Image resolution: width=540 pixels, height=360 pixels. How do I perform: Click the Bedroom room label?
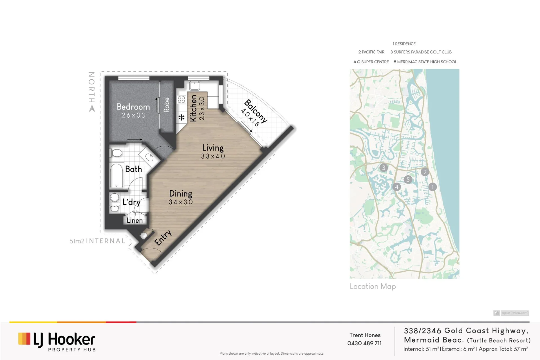click(133, 107)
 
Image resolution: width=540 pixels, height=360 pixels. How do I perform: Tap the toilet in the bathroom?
click(116, 153)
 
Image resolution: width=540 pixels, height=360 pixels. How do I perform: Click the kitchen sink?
click(194, 86)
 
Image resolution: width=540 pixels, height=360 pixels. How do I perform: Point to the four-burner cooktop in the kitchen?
click(182, 99)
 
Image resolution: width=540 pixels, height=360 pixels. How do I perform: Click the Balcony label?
click(256, 111)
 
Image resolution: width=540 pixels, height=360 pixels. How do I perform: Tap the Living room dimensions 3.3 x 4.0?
click(213, 156)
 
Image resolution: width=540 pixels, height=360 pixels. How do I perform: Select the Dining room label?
click(181, 194)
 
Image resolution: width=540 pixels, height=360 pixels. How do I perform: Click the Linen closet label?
click(135, 220)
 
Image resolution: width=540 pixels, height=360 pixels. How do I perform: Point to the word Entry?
click(163, 238)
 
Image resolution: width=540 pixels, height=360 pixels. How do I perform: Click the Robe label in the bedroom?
click(167, 105)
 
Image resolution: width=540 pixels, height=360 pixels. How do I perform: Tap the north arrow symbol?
click(92, 109)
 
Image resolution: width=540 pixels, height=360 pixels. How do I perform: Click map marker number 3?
click(384, 168)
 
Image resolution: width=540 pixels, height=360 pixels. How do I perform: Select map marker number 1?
click(433, 187)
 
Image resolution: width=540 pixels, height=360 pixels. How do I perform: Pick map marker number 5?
click(408, 179)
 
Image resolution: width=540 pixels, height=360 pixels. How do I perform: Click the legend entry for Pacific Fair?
click(371, 52)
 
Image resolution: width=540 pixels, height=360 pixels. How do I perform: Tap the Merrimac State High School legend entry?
click(425, 62)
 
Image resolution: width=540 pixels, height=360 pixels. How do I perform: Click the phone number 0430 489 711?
click(364, 343)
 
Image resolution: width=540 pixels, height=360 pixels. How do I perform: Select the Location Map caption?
click(373, 287)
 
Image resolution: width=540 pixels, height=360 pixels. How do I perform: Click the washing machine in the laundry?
click(115, 197)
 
